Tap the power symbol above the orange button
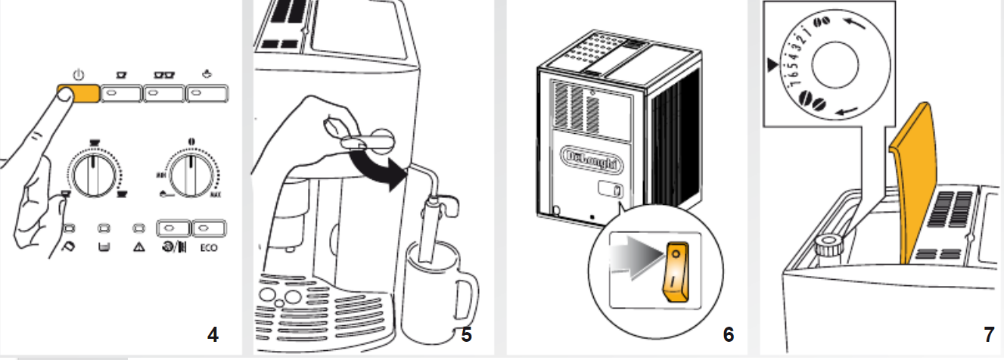[79, 75]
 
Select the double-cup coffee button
[163, 93]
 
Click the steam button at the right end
[206, 93]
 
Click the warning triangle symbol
[138, 246]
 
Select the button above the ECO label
[204, 227]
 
